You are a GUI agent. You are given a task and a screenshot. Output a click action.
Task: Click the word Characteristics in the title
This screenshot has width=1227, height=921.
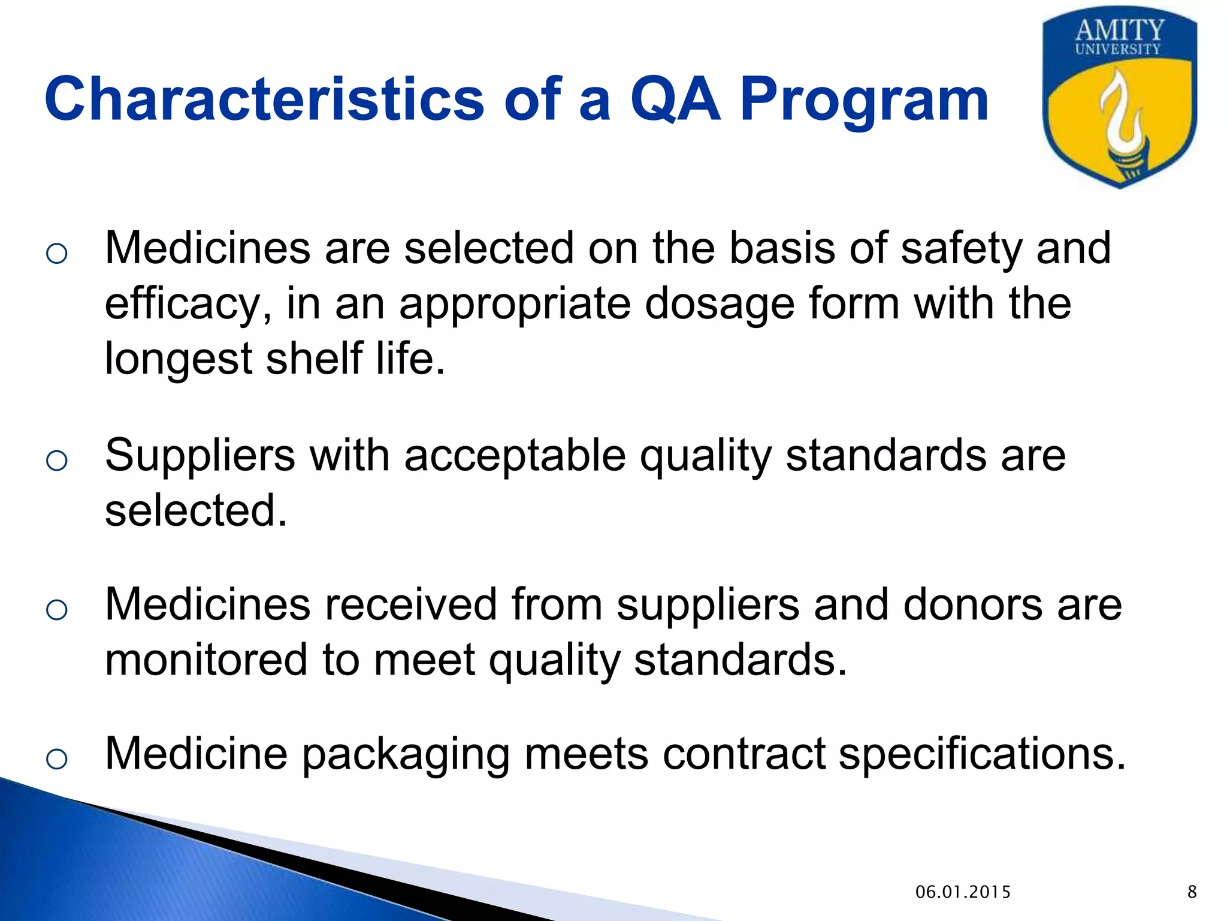[x=264, y=99]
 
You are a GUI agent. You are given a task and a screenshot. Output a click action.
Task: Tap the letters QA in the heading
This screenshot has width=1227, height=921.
[x=675, y=99]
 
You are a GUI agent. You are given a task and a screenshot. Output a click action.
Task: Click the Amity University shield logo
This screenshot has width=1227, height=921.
[x=1119, y=99]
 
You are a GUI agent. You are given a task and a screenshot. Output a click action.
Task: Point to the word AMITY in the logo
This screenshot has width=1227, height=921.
[x=1119, y=30]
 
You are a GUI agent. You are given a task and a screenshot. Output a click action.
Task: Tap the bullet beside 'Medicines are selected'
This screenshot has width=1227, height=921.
[x=56, y=253]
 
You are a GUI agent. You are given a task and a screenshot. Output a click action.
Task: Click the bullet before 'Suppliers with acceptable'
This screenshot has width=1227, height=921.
[x=56, y=460]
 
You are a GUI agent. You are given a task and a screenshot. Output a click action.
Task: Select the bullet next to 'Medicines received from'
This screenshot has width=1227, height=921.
[x=56, y=610]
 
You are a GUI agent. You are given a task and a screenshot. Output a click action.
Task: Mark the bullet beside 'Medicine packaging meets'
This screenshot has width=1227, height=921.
[x=56, y=759]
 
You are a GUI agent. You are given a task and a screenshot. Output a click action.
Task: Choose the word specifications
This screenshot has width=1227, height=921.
[x=983, y=754]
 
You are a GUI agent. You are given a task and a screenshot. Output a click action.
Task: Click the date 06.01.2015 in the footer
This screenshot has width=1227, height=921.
[x=963, y=892]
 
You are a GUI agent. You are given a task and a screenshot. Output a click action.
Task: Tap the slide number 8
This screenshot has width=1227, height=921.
[x=1192, y=892]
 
